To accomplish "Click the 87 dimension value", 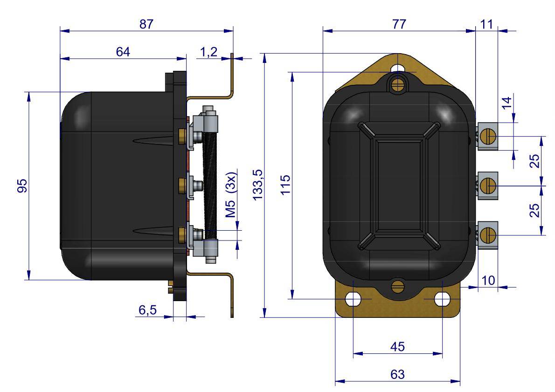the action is pos(146,24).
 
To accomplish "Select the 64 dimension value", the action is pos(123,52).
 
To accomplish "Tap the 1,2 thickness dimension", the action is pos(209,52).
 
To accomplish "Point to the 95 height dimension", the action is pos(22,186).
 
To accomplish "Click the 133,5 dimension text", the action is pos(257,184).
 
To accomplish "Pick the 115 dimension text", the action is pos(285,184).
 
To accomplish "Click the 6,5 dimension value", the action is pos(147,310).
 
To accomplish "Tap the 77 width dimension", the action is pos(399,24).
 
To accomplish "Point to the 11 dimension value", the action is pos(487,24).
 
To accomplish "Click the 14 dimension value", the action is pos(507,103).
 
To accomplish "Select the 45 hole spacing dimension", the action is pos(397,346).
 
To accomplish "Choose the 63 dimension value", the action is pos(397,374).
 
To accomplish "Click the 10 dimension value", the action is pos(488,280).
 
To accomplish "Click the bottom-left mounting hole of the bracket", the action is pos(353,299).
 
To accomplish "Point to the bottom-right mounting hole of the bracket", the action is pos(443,299).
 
